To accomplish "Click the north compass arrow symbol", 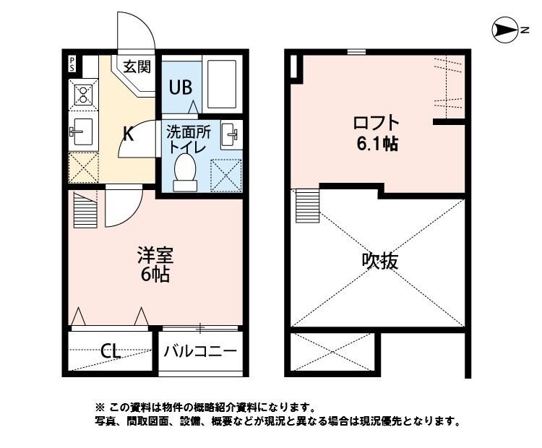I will point(504,30).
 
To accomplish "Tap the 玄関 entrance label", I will point(136,66).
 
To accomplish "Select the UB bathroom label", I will point(180,87).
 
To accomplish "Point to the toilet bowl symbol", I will point(186,173).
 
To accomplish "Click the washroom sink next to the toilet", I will point(231,134).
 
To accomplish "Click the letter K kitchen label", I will point(127,134).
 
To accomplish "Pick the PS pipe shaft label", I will point(72,62).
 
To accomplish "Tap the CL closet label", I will point(111,352).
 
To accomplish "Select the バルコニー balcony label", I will point(199,352).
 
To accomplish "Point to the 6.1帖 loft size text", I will point(376,142).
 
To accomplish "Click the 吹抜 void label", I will point(380,260).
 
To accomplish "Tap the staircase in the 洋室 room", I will point(85,207).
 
